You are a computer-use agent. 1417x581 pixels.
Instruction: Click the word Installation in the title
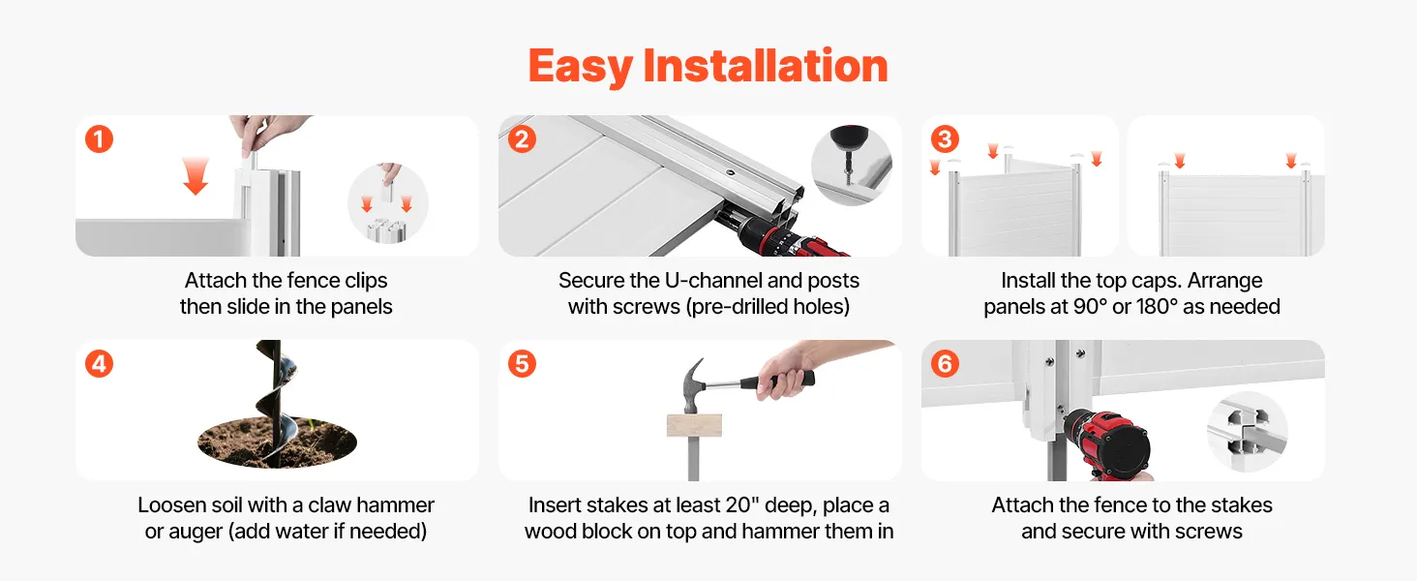pos(766,66)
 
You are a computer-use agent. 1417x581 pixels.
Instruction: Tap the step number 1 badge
pos(100,139)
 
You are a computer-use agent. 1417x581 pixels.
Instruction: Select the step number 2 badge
pos(522,139)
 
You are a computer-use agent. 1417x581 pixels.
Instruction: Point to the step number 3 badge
pos(945,139)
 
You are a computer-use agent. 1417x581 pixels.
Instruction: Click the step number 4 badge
pos(100,364)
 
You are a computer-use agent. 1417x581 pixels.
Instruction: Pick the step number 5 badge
pos(522,364)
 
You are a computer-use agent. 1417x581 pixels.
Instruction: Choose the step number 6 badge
pos(945,364)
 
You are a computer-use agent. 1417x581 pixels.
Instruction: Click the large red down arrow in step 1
pos(196,176)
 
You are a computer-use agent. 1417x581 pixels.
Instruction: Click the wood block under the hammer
pos(694,425)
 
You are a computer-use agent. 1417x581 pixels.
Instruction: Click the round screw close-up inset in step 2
pos(852,166)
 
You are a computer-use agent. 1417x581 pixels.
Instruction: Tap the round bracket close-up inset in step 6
pos(1247,431)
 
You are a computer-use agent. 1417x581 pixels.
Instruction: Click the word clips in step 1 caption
pos(366,281)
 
